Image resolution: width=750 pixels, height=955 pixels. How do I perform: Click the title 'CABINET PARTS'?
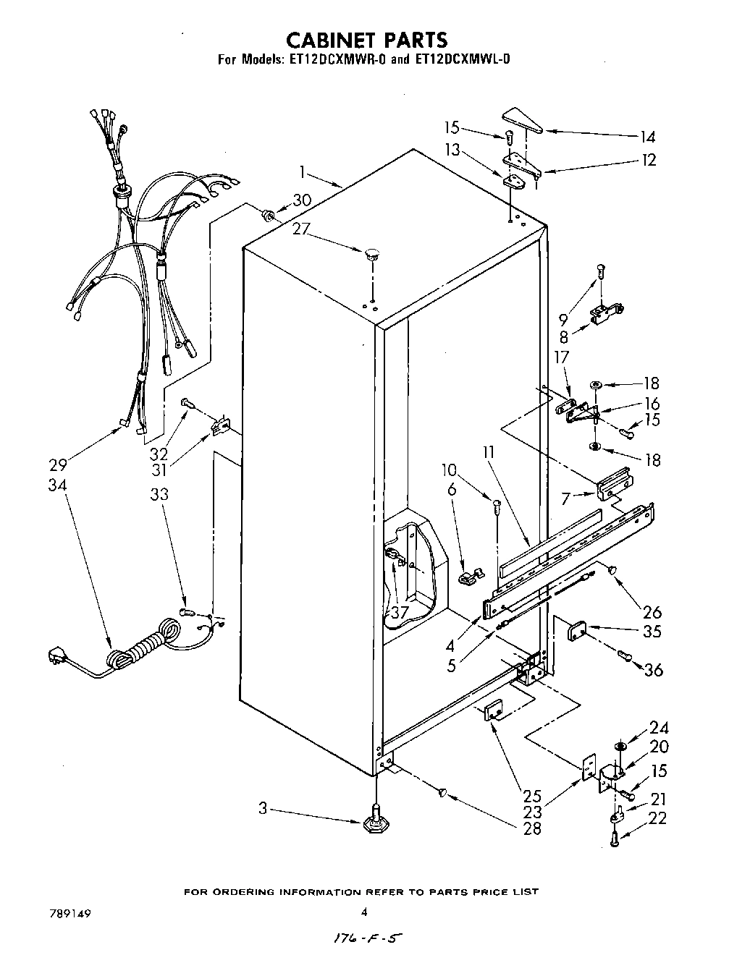[x=366, y=40]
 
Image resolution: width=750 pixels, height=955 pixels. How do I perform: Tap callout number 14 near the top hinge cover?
[x=646, y=136]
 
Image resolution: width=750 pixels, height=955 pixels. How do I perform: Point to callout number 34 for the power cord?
[x=57, y=485]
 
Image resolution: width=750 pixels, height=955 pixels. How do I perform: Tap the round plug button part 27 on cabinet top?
[x=373, y=253]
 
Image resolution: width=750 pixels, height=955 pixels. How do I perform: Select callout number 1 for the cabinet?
[x=303, y=173]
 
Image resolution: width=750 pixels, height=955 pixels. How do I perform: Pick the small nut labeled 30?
[x=267, y=214]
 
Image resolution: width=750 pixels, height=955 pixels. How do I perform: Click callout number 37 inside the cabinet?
[x=399, y=613]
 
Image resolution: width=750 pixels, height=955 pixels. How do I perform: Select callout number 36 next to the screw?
[x=653, y=670]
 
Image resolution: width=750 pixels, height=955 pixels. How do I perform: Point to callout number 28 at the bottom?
[x=532, y=828]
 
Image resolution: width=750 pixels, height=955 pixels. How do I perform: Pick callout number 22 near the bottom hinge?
[x=657, y=818]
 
